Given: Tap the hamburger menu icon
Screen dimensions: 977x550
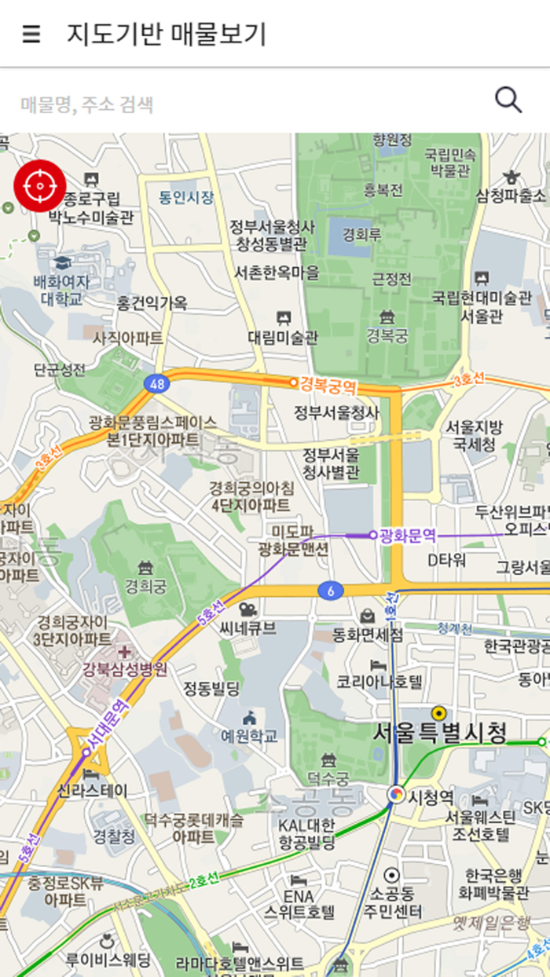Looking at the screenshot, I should click(31, 34).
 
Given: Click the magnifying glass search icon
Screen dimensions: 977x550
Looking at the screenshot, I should click(508, 100).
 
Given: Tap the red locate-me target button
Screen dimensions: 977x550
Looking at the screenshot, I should click(39, 185).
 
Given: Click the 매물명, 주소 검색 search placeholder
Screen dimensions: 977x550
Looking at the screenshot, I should click(87, 104).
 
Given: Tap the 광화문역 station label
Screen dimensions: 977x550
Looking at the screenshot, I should click(407, 535).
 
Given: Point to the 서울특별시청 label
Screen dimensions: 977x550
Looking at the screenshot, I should click(439, 734).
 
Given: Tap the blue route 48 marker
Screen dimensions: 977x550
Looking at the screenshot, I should click(156, 383).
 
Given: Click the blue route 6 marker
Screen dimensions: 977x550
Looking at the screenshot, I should click(331, 591).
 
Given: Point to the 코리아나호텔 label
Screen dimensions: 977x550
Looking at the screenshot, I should click(379, 681).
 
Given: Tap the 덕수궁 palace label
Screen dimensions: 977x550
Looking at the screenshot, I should click(329, 778).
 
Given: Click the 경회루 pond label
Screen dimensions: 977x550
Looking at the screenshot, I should click(361, 234).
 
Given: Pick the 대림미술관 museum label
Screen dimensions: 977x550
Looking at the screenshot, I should click(283, 338).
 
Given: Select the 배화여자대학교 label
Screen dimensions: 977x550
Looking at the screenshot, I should click(61, 290).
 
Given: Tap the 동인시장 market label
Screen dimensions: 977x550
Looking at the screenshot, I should click(186, 197).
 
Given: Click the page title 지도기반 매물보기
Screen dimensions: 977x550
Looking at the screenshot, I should click(167, 34).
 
